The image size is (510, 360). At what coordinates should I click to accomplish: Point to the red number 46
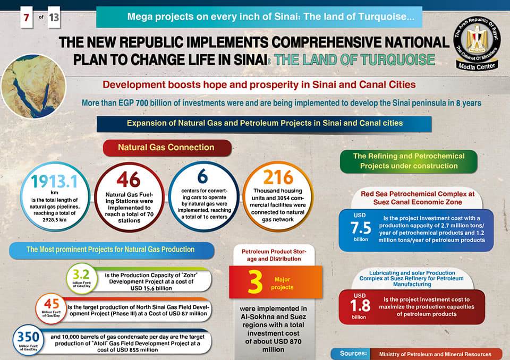129,179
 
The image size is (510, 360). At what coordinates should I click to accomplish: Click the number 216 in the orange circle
278,177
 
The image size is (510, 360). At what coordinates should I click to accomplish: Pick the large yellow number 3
256,281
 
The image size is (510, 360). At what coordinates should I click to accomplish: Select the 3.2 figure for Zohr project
81,275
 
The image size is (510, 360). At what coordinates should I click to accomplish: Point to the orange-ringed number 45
52,304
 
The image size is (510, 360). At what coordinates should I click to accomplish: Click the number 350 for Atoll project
27,337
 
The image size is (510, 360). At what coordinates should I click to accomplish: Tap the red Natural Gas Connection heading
166,148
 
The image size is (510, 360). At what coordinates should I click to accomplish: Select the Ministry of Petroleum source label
435,354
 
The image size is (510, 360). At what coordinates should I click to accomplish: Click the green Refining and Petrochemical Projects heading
409,161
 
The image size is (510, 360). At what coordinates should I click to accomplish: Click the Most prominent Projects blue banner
110,250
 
